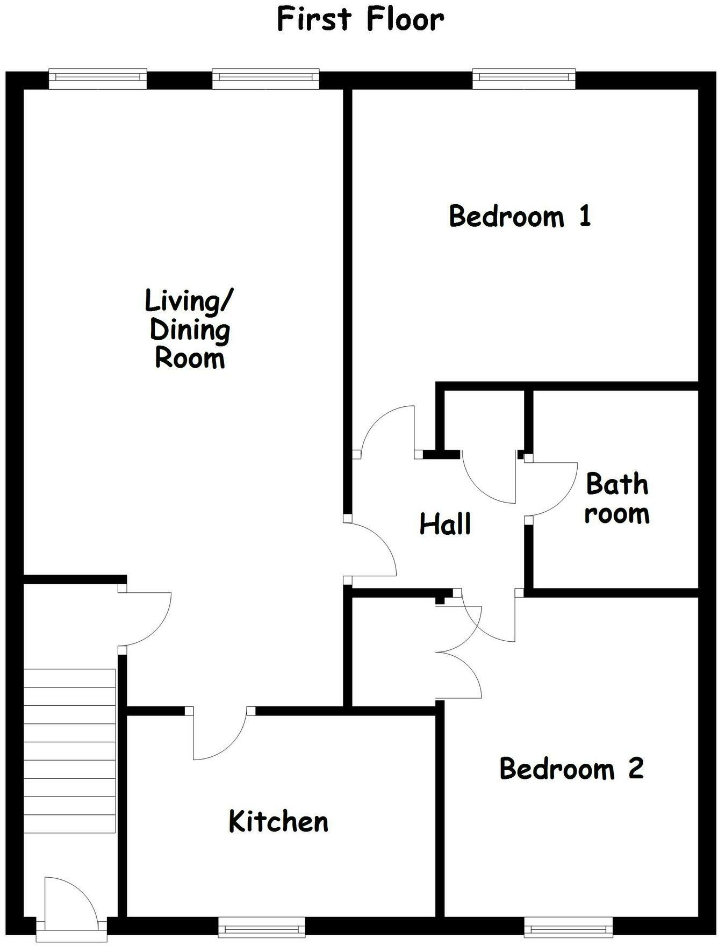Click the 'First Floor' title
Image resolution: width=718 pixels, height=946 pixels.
(360, 19)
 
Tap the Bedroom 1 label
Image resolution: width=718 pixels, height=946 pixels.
(520, 216)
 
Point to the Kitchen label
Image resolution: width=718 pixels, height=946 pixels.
(278, 821)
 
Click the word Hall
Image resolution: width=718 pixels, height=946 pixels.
(445, 524)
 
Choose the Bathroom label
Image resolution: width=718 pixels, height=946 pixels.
(617, 499)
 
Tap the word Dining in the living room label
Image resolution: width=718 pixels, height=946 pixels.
(190, 330)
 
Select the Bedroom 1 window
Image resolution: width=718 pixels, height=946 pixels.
(524, 79)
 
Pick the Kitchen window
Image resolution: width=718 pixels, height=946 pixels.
(262, 926)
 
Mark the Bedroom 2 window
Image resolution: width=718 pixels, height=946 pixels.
(568, 926)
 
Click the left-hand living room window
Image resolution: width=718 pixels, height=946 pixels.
(98, 79)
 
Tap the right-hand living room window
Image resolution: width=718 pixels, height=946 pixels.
(265, 79)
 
